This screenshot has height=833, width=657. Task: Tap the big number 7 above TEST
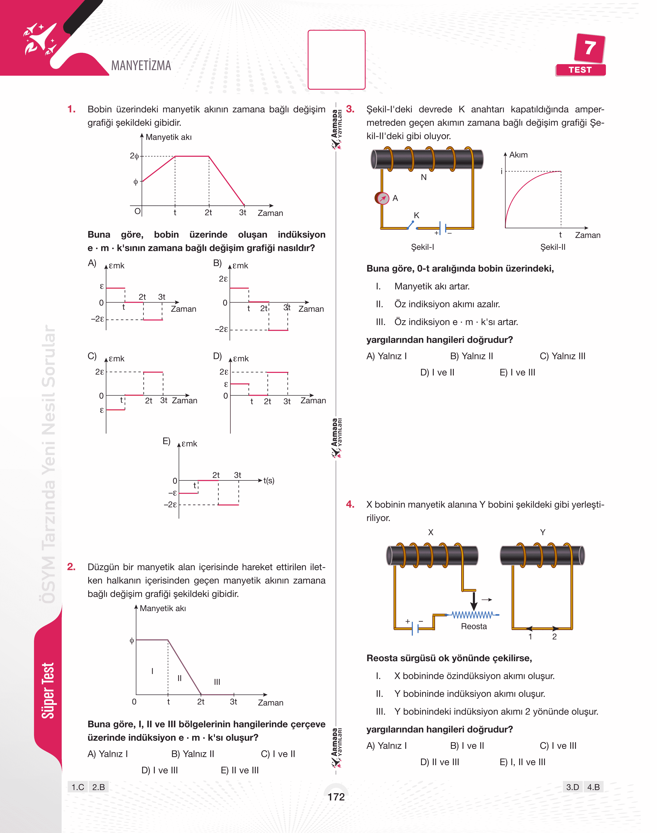pos(590,48)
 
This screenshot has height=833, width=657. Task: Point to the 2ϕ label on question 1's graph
pos(134,156)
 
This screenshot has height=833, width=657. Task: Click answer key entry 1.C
pos(78,787)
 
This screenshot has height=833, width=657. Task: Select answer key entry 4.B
pos(593,787)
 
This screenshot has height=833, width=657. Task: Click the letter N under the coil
pos(424,177)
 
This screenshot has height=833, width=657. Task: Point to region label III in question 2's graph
pos(217,682)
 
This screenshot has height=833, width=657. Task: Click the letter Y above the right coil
pos(542,532)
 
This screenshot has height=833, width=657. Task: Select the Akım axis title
pos(518,155)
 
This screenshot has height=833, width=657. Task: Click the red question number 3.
pos(350,109)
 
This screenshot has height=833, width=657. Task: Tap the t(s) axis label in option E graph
pos(269,480)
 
